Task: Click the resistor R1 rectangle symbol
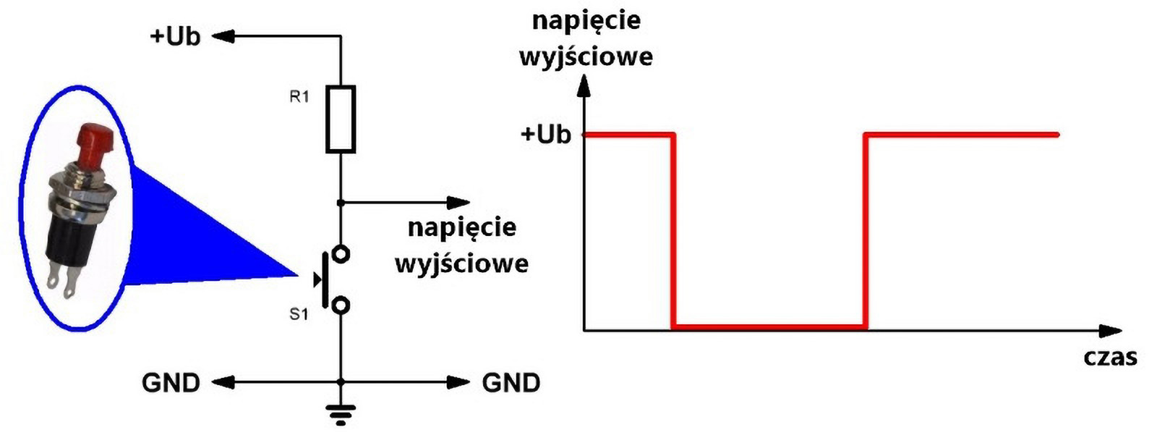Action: [x=341, y=119]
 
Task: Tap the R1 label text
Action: [x=299, y=97]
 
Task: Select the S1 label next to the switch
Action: [x=299, y=314]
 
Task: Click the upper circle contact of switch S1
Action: [x=341, y=254]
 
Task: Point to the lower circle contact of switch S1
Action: [x=341, y=305]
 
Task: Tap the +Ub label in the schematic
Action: [x=175, y=36]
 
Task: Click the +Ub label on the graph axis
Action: [x=546, y=135]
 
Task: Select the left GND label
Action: [x=171, y=382]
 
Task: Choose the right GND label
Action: [x=511, y=382]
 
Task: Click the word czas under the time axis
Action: [x=1110, y=357]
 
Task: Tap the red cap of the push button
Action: [x=93, y=145]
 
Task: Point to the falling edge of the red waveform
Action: [x=674, y=232]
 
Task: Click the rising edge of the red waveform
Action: [x=866, y=232]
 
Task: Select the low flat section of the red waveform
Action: [x=769, y=327]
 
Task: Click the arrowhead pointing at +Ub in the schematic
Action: [x=223, y=35]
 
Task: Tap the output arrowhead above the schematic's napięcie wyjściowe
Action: [x=458, y=203]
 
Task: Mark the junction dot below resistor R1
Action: [x=341, y=203]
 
